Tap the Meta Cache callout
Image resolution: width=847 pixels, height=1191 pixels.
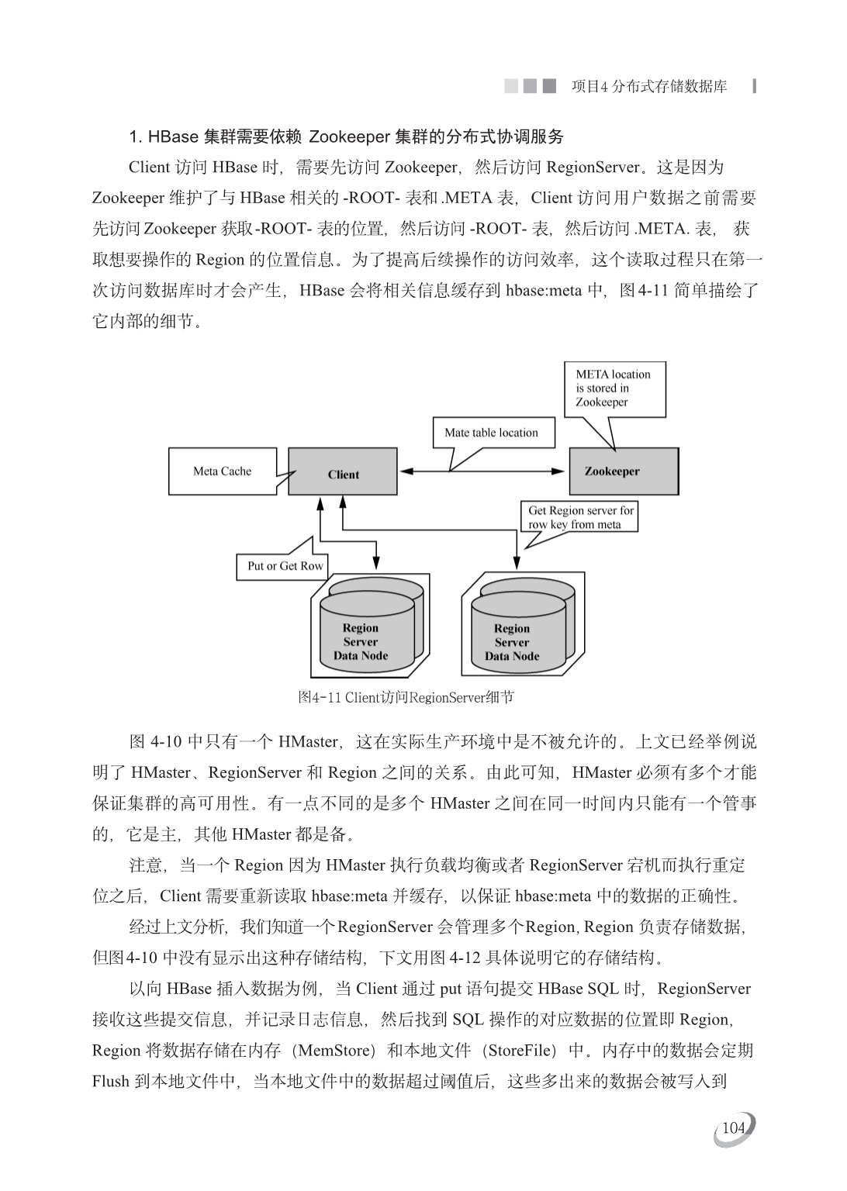pos(222,471)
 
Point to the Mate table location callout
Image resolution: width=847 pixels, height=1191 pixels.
pos(493,433)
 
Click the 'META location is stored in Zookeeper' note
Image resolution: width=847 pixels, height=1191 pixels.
pos(614,388)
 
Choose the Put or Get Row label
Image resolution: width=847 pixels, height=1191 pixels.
pos(284,566)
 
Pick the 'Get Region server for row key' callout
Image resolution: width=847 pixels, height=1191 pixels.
pos(581,517)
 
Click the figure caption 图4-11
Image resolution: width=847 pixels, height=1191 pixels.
pos(406,697)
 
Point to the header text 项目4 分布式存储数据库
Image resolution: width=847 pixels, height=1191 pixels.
pos(649,86)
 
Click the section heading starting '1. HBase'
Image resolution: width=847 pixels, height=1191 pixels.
pos(346,137)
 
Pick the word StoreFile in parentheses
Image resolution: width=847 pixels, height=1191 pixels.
pos(520,1051)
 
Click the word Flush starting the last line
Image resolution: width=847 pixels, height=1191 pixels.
pos(110,1082)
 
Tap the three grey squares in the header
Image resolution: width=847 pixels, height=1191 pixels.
pos(530,86)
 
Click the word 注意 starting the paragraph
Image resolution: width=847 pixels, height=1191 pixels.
pos(146,865)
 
